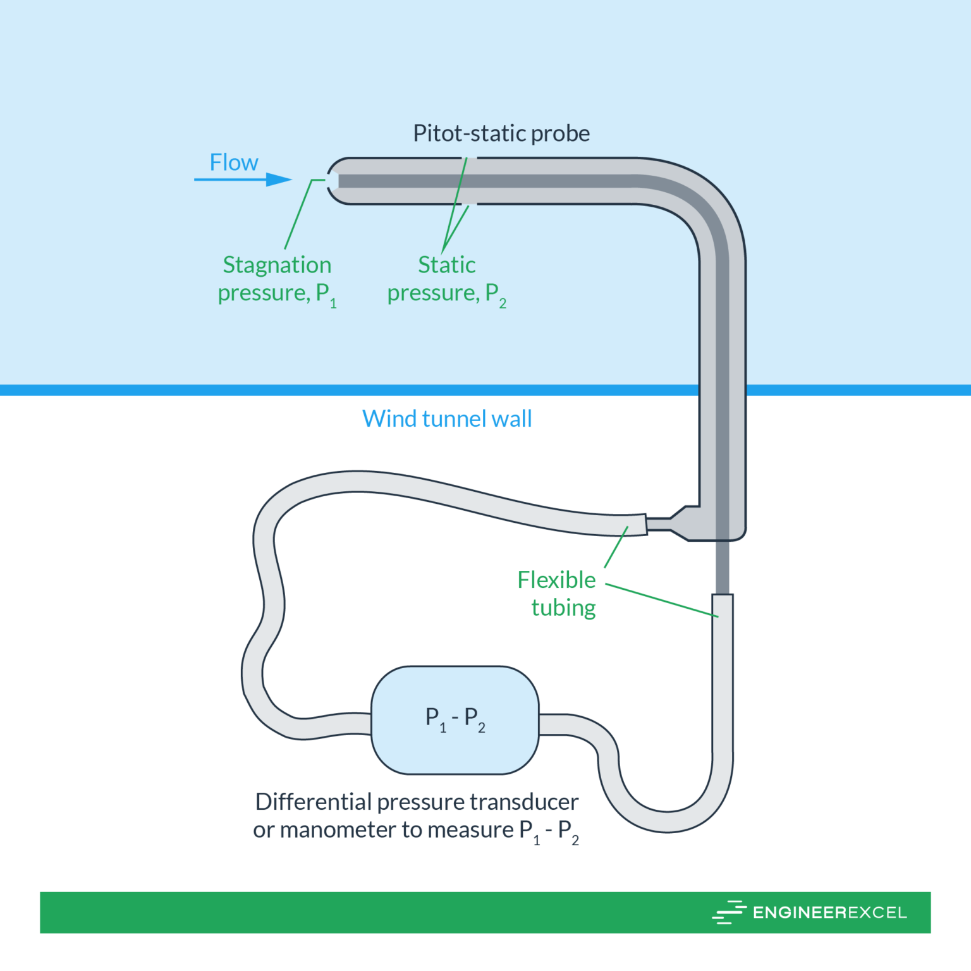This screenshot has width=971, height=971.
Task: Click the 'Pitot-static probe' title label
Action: click(501, 133)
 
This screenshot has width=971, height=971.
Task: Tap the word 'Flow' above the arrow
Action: click(234, 162)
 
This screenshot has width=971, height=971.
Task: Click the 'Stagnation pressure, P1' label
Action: click(277, 279)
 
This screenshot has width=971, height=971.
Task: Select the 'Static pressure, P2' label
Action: click(446, 279)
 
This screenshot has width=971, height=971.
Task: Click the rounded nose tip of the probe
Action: click(333, 181)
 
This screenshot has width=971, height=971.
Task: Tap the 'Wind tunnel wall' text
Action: click(447, 418)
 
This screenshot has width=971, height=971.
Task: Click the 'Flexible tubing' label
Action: click(557, 593)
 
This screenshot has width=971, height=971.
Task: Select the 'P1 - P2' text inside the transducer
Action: click(455, 718)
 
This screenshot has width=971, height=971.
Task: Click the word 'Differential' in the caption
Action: click(314, 802)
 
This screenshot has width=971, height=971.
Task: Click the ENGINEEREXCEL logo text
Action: click(829, 912)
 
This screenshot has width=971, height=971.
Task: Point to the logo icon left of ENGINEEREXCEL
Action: click(729, 912)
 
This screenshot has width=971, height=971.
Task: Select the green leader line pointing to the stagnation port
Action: click(298, 214)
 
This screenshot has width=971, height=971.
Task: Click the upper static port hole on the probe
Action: click(471, 158)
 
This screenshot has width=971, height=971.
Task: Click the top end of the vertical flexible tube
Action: click(723, 597)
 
